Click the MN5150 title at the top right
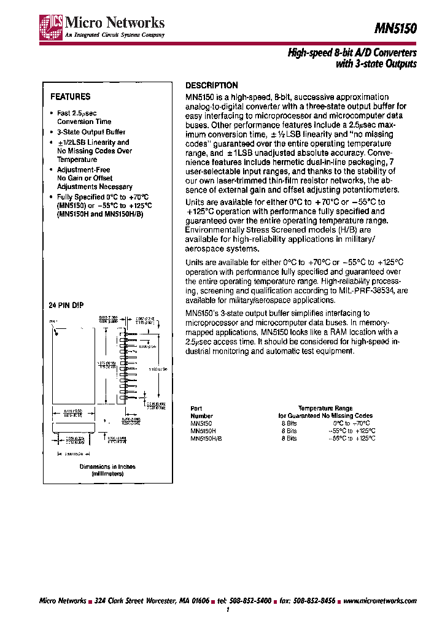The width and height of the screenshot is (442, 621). (x=395, y=28)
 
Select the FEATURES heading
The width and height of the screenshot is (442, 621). (x=70, y=96)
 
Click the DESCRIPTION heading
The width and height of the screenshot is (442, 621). (x=211, y=85)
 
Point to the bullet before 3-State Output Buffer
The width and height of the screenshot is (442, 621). (x=52, y=132)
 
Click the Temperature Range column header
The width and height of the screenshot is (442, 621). (x=325, y=408)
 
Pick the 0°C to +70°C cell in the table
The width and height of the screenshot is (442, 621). (x=351, y=423)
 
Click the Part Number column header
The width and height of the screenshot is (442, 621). (x=196, y=412)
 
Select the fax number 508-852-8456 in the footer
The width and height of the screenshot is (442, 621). (x=314, y=600)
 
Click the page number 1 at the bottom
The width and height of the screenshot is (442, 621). (x=228, y=611)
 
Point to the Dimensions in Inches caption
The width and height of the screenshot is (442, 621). (x=108, y=466)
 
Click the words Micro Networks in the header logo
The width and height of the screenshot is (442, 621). (x=115, y=23)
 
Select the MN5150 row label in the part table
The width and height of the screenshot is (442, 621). (x=201, y=423)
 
